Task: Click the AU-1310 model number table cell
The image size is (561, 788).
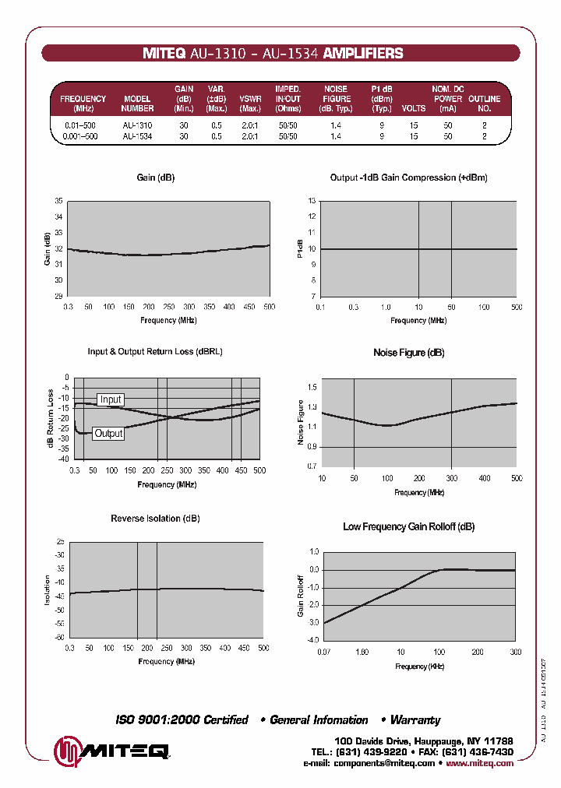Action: (x=137, y=125)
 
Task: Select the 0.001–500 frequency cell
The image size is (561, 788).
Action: (x=80, y=136)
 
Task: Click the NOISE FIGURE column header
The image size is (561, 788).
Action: (x=336, y=99)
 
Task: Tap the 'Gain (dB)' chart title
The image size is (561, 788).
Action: (x=156, y=178)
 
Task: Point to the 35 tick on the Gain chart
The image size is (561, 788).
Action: (x=59, y=201)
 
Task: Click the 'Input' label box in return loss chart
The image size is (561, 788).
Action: (x=110, y=399)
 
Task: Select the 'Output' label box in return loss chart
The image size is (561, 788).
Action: (x=108, y=433)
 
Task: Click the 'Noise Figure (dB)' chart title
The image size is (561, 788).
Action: (x=409, y=353)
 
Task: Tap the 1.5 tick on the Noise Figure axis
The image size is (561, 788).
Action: (x=313, y=387)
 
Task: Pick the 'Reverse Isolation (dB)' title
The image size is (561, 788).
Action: (x=156, y=519)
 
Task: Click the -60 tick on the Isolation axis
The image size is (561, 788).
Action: (x=60, y=638)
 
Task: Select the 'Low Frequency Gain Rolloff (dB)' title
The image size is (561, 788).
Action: (x=408, y=527)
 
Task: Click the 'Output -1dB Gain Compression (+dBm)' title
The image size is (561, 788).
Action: (x=408, y=178)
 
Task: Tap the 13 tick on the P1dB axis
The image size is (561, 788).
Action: (x=312, y=201)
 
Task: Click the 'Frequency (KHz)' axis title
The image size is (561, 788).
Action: (x=419, y=667)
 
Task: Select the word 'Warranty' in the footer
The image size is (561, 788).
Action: (x=415, y=720)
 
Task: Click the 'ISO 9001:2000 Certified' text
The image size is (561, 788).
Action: (x=182, y=720)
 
